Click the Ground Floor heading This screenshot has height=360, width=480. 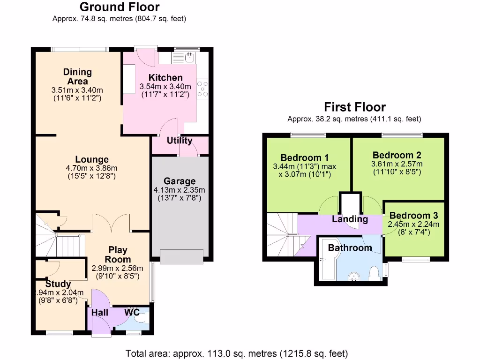[x=120, y=7]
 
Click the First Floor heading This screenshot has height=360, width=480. [x=355, y=107]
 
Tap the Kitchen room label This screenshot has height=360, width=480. [x=165, y=77]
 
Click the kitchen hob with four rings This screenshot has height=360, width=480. [x=202, y=89]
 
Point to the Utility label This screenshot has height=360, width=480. [x=180, y=141]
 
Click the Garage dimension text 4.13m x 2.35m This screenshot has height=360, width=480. [x=180, y=190]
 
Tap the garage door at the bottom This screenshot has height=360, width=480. [x=181, y=256]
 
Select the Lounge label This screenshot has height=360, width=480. [x=92, y=159]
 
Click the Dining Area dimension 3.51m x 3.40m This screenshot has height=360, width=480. [x=77, y=90]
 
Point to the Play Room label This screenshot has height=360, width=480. [x=118, y=255]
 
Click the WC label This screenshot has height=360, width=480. [x=132, y=312]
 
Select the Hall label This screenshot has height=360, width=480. [x=100, y=313]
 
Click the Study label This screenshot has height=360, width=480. [x=58, y=284]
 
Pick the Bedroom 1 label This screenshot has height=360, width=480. [x=305, y=157]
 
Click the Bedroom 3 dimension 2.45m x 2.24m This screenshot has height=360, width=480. [x=413, y=225]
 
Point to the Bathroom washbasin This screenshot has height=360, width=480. [x=354, y=277]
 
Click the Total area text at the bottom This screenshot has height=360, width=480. [x=237, y=353]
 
